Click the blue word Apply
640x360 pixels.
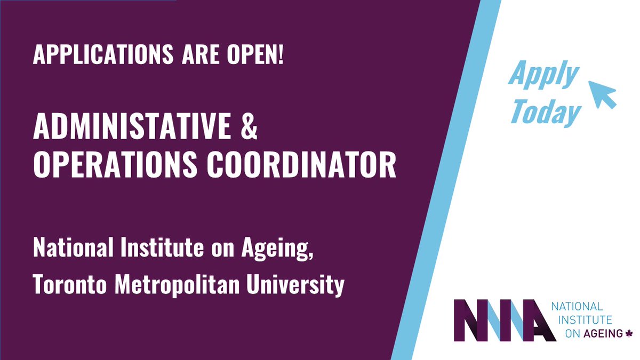[x=543, y=75]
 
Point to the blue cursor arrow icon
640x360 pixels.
[x=602, y=94]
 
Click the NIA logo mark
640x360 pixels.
[x=498, y=321]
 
